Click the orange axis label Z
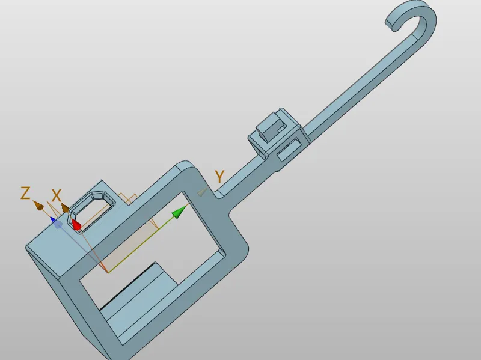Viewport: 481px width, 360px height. point(25,193)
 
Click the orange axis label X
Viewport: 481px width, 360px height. point(57,195)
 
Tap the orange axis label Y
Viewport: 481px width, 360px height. point(219,176)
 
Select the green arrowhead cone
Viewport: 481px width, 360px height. point(179,212)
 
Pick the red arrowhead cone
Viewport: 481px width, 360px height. point(76,224)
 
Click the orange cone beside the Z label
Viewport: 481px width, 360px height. point(38,205)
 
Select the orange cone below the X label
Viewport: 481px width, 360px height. point(65,208)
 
